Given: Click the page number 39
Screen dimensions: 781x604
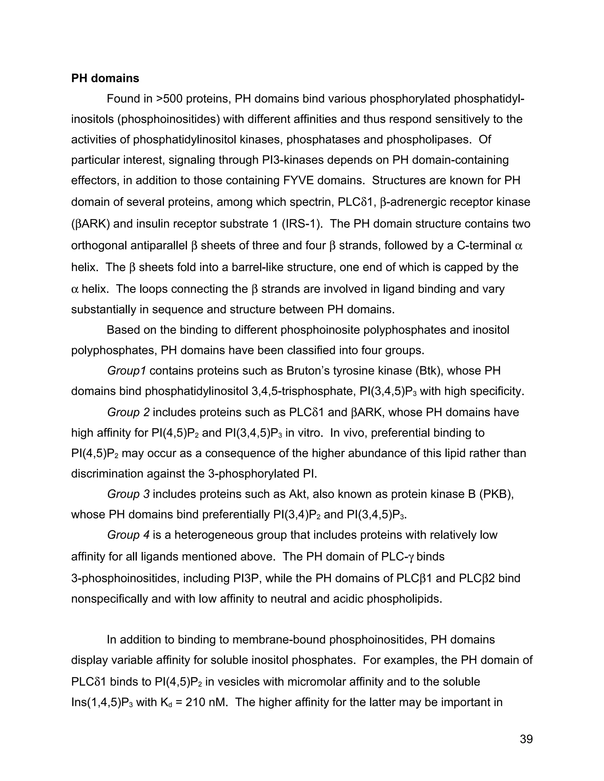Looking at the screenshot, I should click(x=526, y=739).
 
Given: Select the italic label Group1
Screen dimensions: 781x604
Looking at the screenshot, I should click(x=126, y=371).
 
